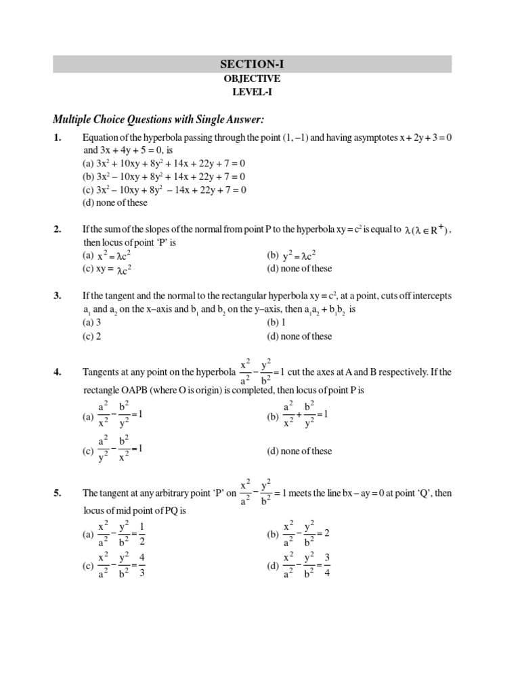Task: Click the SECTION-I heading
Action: pos(252,64)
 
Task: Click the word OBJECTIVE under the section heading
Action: pos(252,79)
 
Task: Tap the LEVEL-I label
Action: pos(252,92)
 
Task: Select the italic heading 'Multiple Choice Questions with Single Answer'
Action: pos(158,120)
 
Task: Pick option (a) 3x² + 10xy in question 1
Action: pos(163,164)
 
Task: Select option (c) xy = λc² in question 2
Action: pos(106,269)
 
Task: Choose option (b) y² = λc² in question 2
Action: pos(292,255)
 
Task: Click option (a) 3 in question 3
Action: pos(91,323)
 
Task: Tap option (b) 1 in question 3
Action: pos(276,323)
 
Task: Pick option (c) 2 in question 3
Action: pos(91,336)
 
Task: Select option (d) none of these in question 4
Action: pos(299,451)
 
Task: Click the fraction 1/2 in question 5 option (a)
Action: pos(142,534)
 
